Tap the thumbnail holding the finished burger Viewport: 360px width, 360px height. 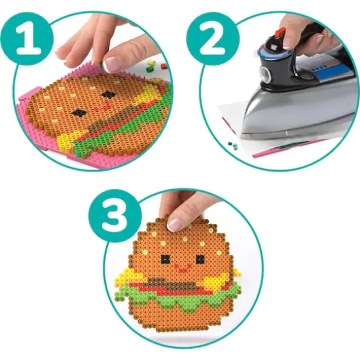point(175,224)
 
